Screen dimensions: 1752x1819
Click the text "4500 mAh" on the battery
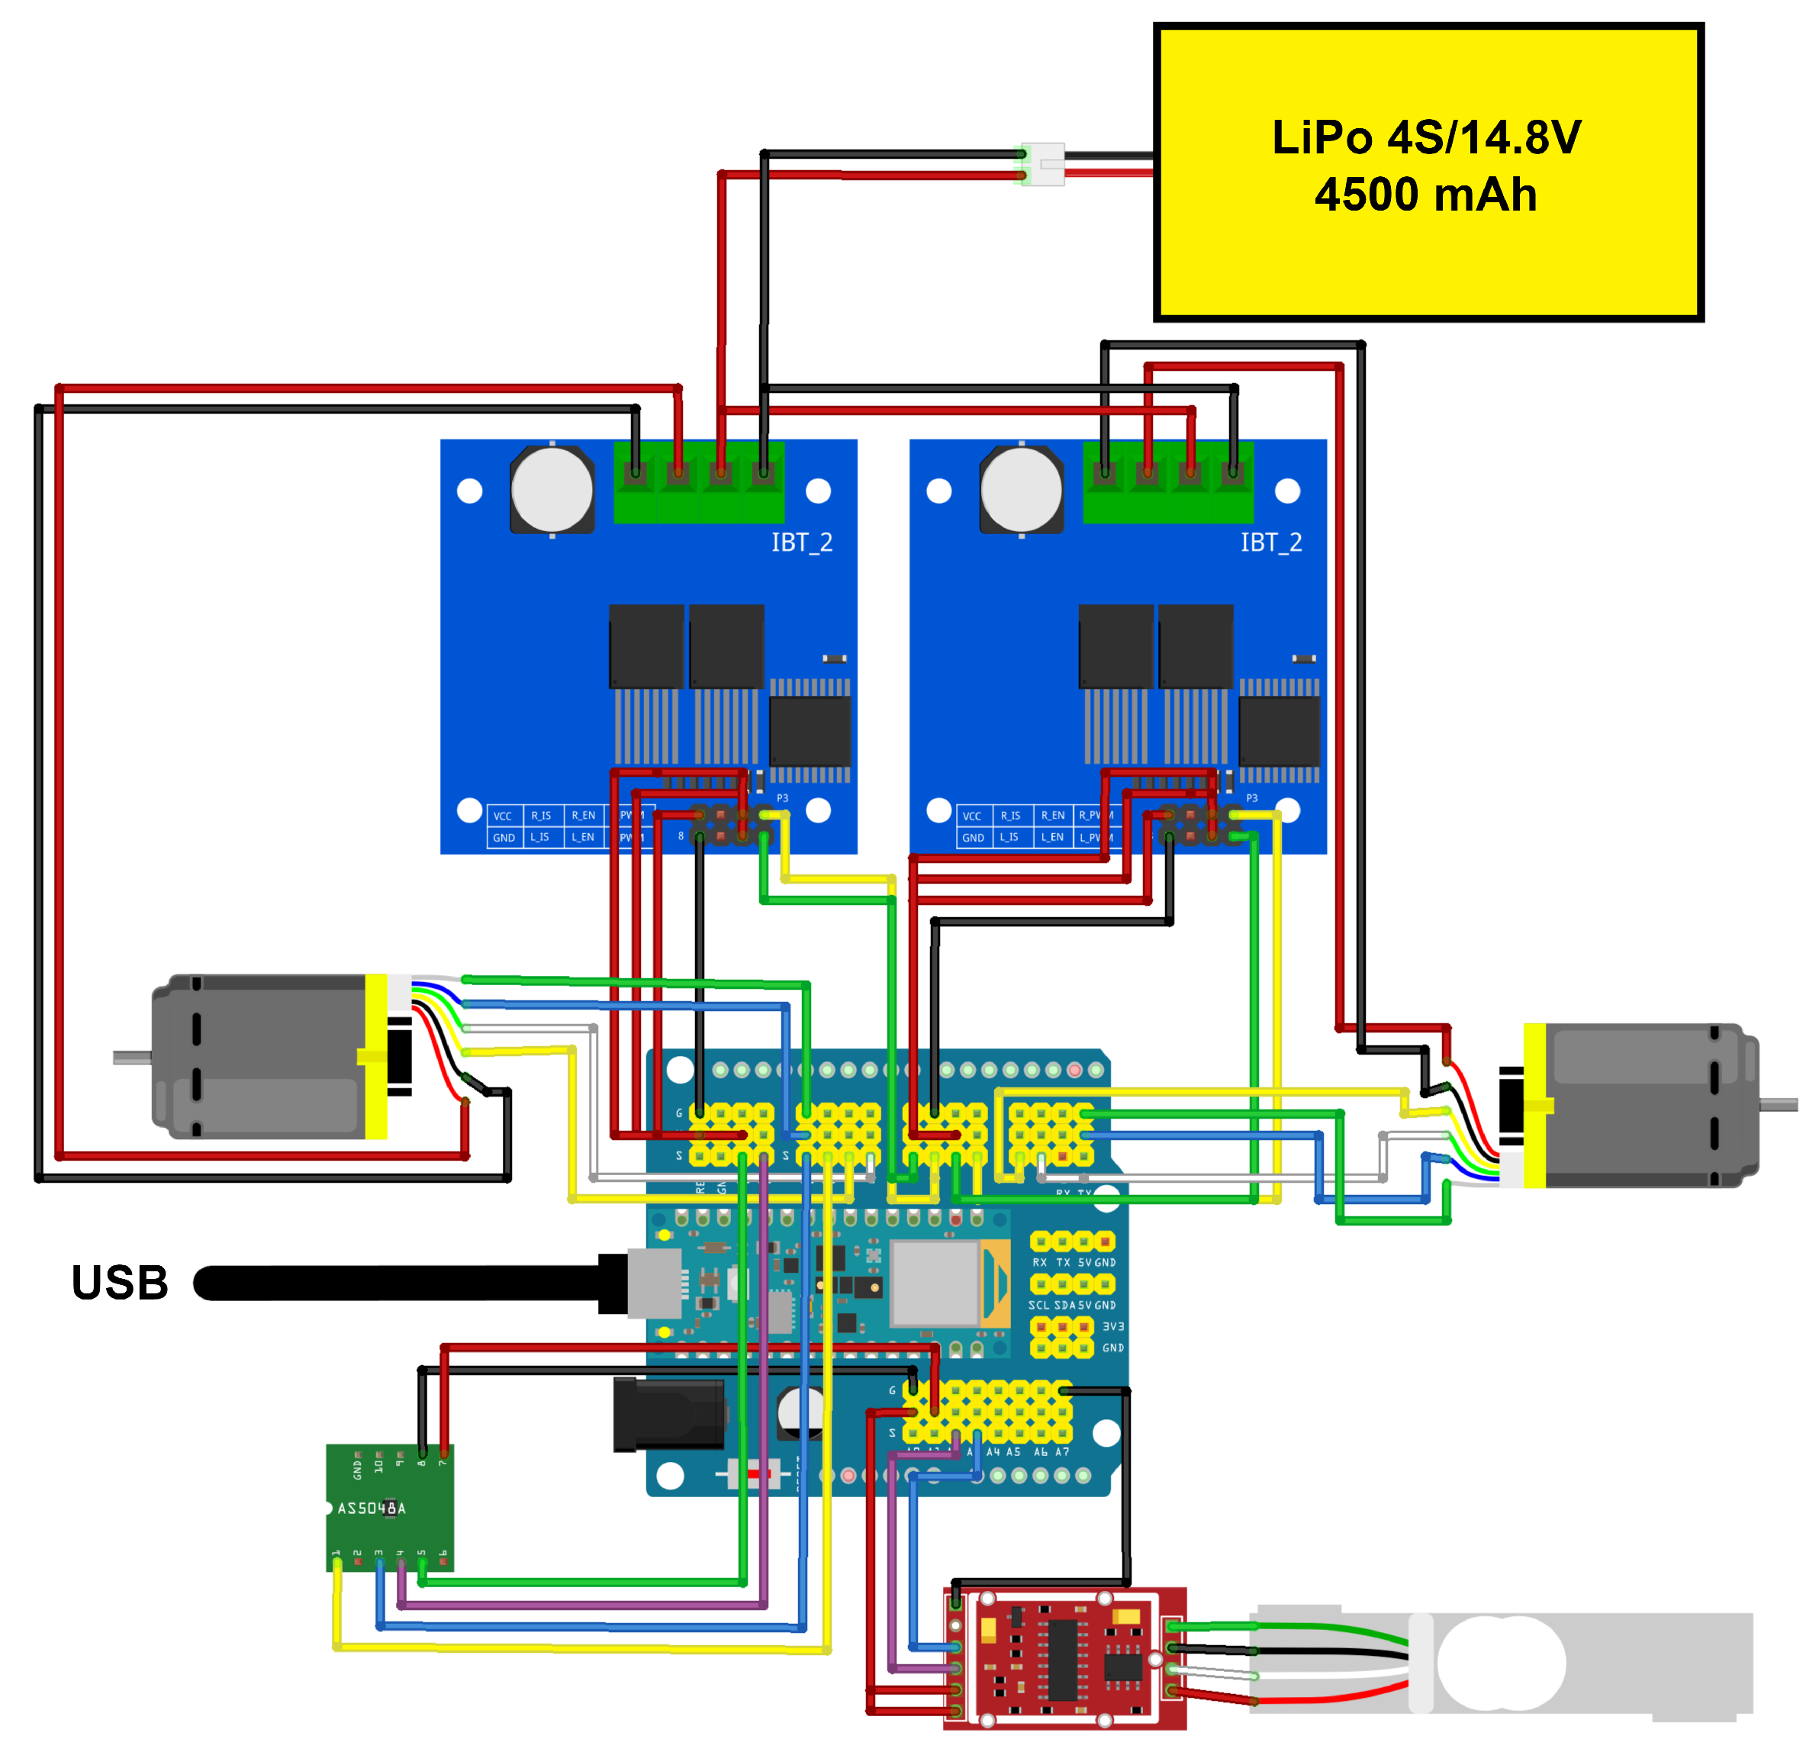pyautogui.click(x=1425, y=195)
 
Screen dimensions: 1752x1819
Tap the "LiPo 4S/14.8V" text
pyautogui.click(x=1425, y=137)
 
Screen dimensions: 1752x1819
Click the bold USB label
pyautogui.click(x=120, y=1283)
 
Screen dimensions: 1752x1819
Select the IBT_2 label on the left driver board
pyautogui.click(x=802, y=542)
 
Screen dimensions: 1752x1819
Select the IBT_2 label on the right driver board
pyautogui.click(x=1271, y=542)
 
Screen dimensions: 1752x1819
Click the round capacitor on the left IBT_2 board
pyautogui.click(x=552, y=489)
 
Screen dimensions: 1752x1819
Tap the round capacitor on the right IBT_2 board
pyautogui.click(x=1022, y=489)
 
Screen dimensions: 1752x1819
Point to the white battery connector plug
pyautogui.click(x=1043, y=164)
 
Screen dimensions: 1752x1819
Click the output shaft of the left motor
pyautogui.click(x=132, y=1057)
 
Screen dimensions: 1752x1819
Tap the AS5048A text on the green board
pyautogui.click(x=372, y=1508)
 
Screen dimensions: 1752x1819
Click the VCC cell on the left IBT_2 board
pyautogui.click(x=502, y=816)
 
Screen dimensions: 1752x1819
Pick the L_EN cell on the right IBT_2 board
pyautogui.click(x=1052, y=837)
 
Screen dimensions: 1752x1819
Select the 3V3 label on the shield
pyautogui.click(x=1112, y=1326)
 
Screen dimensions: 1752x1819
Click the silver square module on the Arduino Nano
pyautogui.click(x=934, y=1283)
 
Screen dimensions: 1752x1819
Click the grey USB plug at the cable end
pyautogui.click(x=655, y=1283)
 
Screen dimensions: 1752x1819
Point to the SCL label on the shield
pyautogui.click(x=1038, y=1305)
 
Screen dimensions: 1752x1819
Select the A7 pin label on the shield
pyautogui.click(x=1063, y=1451)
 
